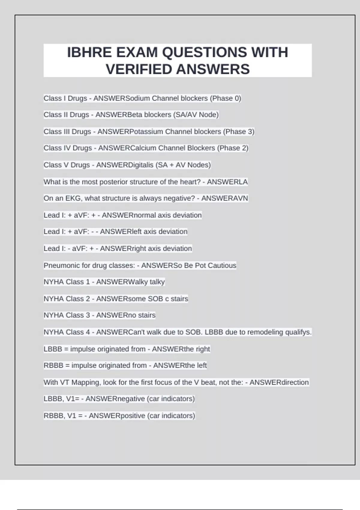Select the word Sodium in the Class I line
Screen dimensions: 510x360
pyautogui.click(x=137, y=98)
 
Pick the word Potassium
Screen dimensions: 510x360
pyautogui.click(x=146, y=131)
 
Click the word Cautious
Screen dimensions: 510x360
pyautogui.click(x=222, y=265)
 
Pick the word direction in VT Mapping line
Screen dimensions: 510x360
pyautogui.click(x=294, y=382)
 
